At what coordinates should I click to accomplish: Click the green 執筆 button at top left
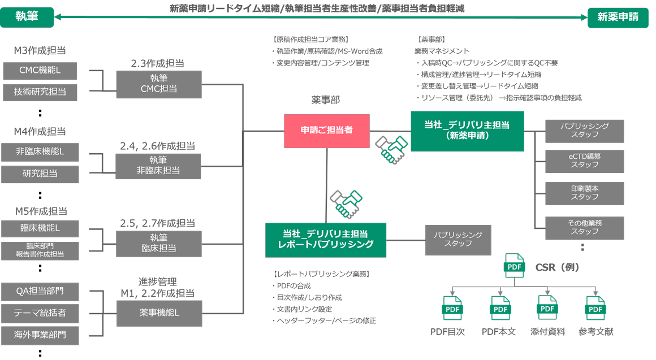[27, 17]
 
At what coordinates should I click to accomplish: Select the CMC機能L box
[40, 71]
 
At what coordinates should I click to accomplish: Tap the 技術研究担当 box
[40, 92]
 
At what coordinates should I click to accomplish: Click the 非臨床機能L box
[40, 151]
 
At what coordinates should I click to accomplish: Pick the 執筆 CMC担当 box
[159, 84]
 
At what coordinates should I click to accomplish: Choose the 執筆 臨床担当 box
[159, 243]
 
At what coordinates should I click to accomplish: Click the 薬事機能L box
[159, 312]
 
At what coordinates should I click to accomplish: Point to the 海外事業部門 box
[40, 335]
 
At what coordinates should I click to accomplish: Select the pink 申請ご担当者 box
[327, 131]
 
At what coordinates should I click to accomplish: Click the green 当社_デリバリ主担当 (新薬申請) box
[467, 131]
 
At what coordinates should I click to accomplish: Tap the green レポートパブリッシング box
[326, 240]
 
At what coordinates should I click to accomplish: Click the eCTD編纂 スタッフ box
[584, 161]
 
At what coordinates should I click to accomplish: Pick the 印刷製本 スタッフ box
[584, 192]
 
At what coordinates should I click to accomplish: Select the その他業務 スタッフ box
[584, 227]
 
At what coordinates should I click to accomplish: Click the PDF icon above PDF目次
[452, 308]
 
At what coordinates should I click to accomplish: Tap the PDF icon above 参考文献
[595, 308]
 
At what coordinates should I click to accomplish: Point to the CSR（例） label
[557, 267]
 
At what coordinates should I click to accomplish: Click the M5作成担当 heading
[41, 211]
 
